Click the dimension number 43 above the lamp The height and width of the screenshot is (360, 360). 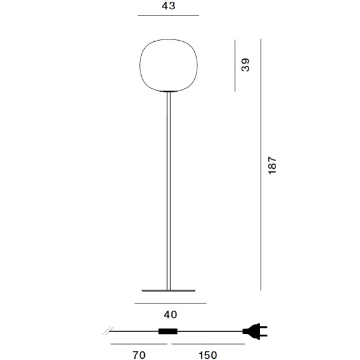(168, 6)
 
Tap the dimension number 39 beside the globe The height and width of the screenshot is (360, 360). (245, 65)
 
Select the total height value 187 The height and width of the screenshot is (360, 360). (272, 166)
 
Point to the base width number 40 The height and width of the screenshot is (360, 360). (170, 314)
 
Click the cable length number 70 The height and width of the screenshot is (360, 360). (139, 355)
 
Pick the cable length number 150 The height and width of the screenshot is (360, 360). (208, 355)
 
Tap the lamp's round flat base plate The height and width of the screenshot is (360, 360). (168, 291)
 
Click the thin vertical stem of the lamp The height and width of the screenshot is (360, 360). (168, 191)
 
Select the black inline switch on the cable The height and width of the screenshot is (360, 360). (168, 331)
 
